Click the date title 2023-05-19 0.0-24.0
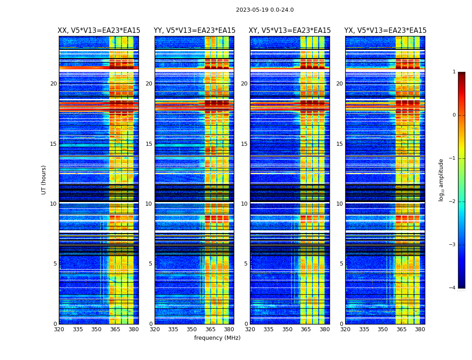265,10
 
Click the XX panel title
99,31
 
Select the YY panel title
194,31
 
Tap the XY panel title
290,31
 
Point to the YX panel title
385,31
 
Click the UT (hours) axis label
44,180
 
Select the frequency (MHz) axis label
217,338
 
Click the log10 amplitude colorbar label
441,180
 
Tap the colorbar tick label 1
454,72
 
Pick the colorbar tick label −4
453,288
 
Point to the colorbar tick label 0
454,115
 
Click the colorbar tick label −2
453,202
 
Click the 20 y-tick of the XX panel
53,84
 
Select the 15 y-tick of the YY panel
149,144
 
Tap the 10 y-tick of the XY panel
244,204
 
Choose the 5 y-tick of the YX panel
341,264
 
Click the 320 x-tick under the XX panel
59,329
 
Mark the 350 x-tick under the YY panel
192,329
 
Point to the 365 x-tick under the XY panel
306,329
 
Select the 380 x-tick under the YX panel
420,329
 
